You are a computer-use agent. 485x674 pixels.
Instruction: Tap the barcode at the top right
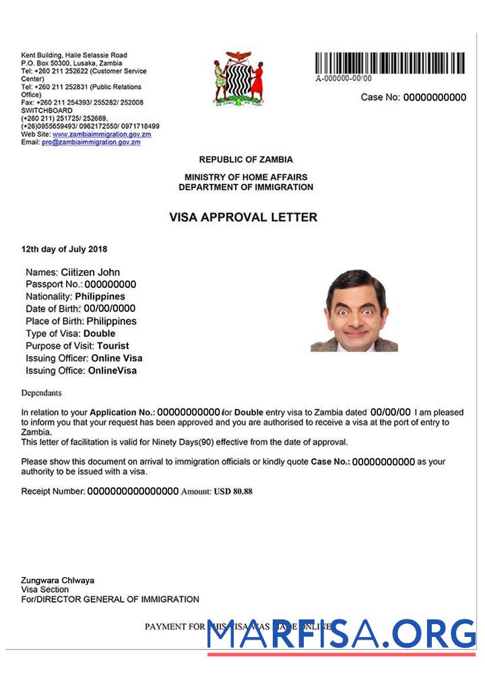pos(389,63)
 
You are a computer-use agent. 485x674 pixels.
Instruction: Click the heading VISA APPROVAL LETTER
pos(243,218)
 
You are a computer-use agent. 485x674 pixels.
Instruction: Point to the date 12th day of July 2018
pos(64,249)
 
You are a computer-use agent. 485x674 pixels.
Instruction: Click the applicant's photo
pos(354,310)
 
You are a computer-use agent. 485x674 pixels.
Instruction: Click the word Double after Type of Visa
pos(99,334)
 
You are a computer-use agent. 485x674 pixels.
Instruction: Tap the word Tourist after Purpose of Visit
pos(113,346)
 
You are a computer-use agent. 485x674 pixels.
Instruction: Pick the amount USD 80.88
pos(233,491)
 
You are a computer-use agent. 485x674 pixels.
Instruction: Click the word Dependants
pos(41,393)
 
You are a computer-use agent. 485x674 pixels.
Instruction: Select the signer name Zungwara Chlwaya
pos(57,580)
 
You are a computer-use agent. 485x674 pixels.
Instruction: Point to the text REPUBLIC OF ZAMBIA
pos(246,160)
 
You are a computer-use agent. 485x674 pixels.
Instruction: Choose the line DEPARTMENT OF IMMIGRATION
pos(246,187)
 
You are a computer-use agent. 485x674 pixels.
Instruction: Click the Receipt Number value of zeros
pos(133,491)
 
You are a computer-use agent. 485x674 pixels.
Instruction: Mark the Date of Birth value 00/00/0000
pos(109,309)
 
